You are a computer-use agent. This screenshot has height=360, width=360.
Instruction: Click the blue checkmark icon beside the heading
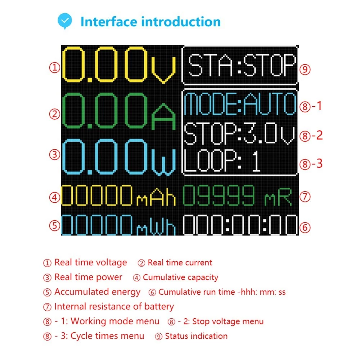(x=65, y=21)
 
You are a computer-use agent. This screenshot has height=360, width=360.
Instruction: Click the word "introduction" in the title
(x=181, y=22)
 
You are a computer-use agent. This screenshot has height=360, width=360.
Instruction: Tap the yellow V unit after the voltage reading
(x=163, y=70)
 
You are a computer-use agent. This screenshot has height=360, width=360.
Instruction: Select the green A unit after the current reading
(x=163, y=116)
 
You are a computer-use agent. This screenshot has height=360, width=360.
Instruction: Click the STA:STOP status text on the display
(x=242, y=65)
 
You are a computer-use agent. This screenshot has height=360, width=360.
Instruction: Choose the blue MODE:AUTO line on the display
(x=240, y=104)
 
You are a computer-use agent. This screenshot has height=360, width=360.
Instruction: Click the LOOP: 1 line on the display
(x=222, y=161)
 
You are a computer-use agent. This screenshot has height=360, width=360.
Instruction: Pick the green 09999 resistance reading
(x=219, y=195)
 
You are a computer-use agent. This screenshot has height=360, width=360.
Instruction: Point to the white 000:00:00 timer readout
(x=240, y=225)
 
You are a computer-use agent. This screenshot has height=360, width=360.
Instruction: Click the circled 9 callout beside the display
(x=305, y=69)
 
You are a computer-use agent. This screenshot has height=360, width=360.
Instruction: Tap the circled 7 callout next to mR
(x=305, y=197)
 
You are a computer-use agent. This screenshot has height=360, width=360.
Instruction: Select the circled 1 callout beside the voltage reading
(x=55, y=68)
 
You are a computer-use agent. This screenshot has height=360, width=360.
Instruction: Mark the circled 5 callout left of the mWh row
(x=55, y=225)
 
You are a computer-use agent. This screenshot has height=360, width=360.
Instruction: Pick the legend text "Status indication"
(x=196, y=336)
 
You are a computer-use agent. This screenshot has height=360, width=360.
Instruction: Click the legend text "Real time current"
(x=180, y=263)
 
